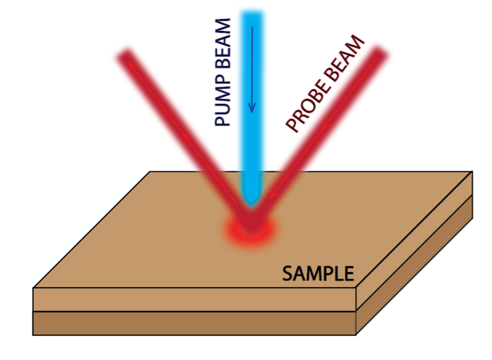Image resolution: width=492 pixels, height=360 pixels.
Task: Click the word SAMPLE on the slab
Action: tap(318, 274)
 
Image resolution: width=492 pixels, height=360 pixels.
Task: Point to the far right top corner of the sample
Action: tap(473, 171)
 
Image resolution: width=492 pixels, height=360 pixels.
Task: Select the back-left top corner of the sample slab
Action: tap(150, 172)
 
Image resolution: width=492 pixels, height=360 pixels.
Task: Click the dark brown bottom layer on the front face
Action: tap(195, 323)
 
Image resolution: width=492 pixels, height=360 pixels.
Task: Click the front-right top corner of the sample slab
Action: tap(356, 288)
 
